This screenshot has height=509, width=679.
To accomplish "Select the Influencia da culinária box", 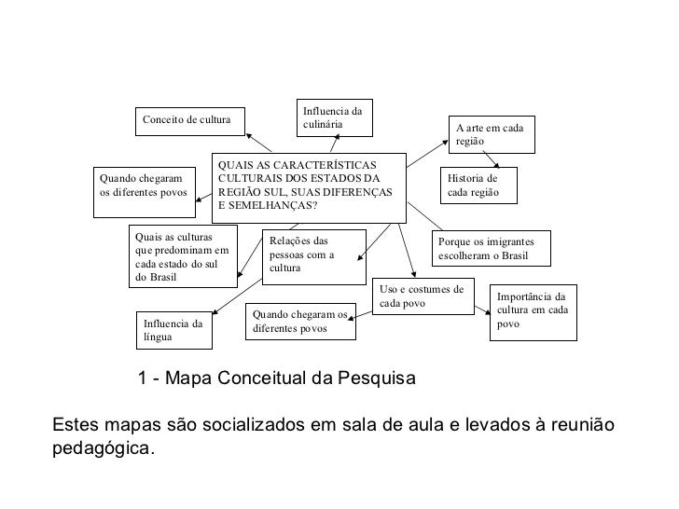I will click(334, 117).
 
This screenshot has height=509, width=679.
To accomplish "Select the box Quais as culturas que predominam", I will click(183, 256).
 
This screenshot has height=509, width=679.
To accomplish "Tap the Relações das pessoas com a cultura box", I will click(312, 255).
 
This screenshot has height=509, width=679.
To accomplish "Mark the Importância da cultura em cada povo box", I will click(533, 311).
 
